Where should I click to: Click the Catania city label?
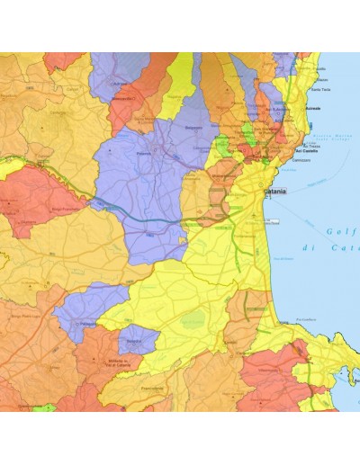pos(275,192)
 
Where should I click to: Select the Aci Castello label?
pos(312,154)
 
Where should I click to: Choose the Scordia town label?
pos(132,341)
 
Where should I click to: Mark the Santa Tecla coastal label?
pos(323,88)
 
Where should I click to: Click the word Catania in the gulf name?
pos(342,247)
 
